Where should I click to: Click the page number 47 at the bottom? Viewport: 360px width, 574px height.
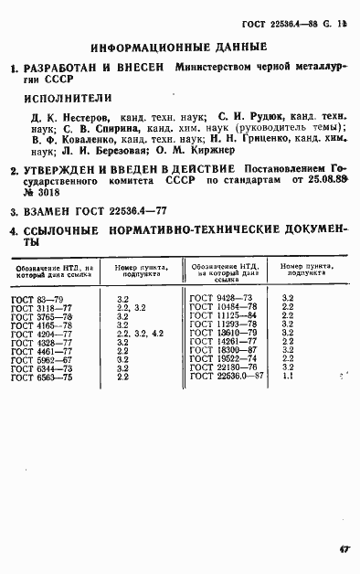(x=344, y=550)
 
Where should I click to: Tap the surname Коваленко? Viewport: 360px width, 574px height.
(x=74, y=142)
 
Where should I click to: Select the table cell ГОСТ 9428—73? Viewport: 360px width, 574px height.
(x=220, y=298)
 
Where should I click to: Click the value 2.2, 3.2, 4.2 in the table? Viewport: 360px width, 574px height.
(x=141, y=333)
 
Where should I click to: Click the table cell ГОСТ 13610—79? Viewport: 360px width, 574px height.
(x=222, y=333)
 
